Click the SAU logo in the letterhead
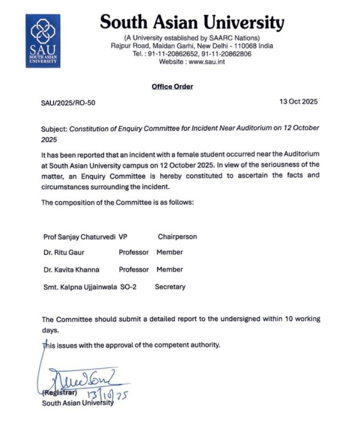(x=43, y=40)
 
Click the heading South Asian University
(x=192, y=22)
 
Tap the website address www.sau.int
(x=207, y=62)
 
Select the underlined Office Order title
(x=172, y=87)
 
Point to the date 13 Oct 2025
(x=298, y=102)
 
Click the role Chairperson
(x=177, y=237)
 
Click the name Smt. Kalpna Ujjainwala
(x=80, y=287)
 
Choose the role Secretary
(x=170, y=287)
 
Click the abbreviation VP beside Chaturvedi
(x=123, y=237)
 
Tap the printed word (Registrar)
(x=59, y=394)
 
